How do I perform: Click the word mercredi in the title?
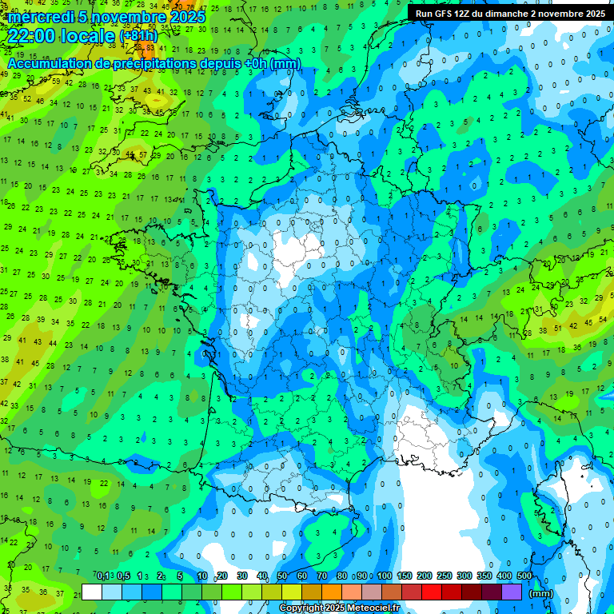(x=39, y=17)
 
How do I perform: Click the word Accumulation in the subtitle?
(x=50, y=63)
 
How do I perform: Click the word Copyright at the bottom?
(x=302, y=608)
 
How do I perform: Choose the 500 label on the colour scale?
(x=524, y=576)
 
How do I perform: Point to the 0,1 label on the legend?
(x=103, y=576)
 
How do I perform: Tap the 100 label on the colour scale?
(x=385, y=576)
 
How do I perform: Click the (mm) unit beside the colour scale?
(x=541, y=593)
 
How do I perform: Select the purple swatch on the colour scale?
(x=512, y=592)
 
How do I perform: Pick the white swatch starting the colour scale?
(x=91, y=592)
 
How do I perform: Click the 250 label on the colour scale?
(x=445, y=576)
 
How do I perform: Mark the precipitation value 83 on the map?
(x=149, y=46)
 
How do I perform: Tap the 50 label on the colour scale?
(x=282, y=576)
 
